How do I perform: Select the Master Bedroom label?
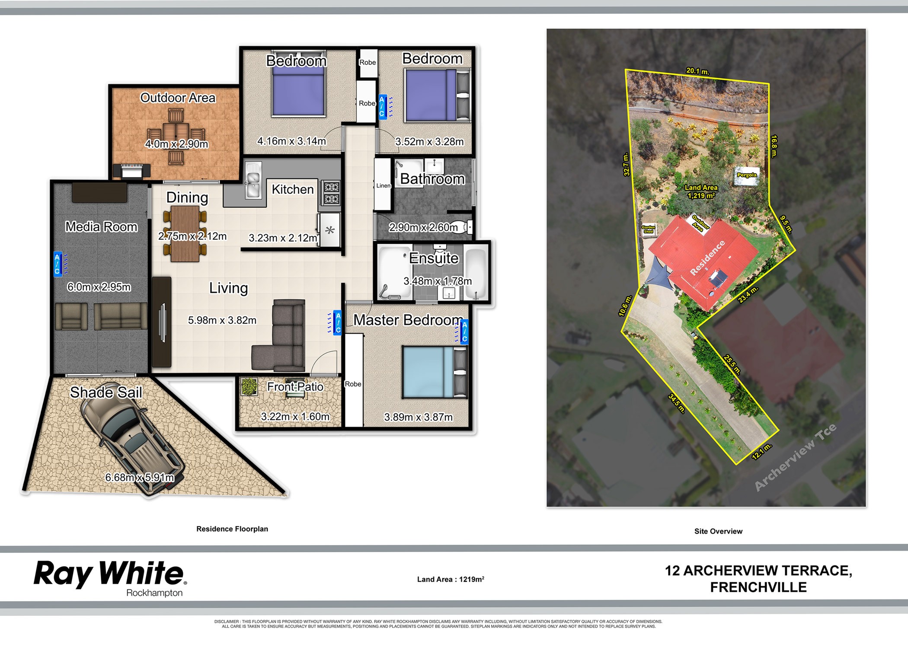tap(408, 320)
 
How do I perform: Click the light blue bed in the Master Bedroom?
tap(435, 372)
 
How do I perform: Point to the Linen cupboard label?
tap(383, 185)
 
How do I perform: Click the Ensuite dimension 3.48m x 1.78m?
tap(438, 281)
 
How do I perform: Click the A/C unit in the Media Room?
tap(58, 264)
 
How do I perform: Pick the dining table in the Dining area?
tap(185, 234)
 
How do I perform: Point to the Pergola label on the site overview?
tap(747, 175)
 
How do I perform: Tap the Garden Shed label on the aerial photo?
tap(648, 229)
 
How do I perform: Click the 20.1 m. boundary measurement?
tap(697, 71)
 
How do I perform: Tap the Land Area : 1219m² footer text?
tap(451, 579)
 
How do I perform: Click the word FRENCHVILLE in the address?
tap(758, 587)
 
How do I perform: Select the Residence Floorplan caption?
tap(232, 529)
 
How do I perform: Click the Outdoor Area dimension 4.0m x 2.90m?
tap(176, 144)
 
